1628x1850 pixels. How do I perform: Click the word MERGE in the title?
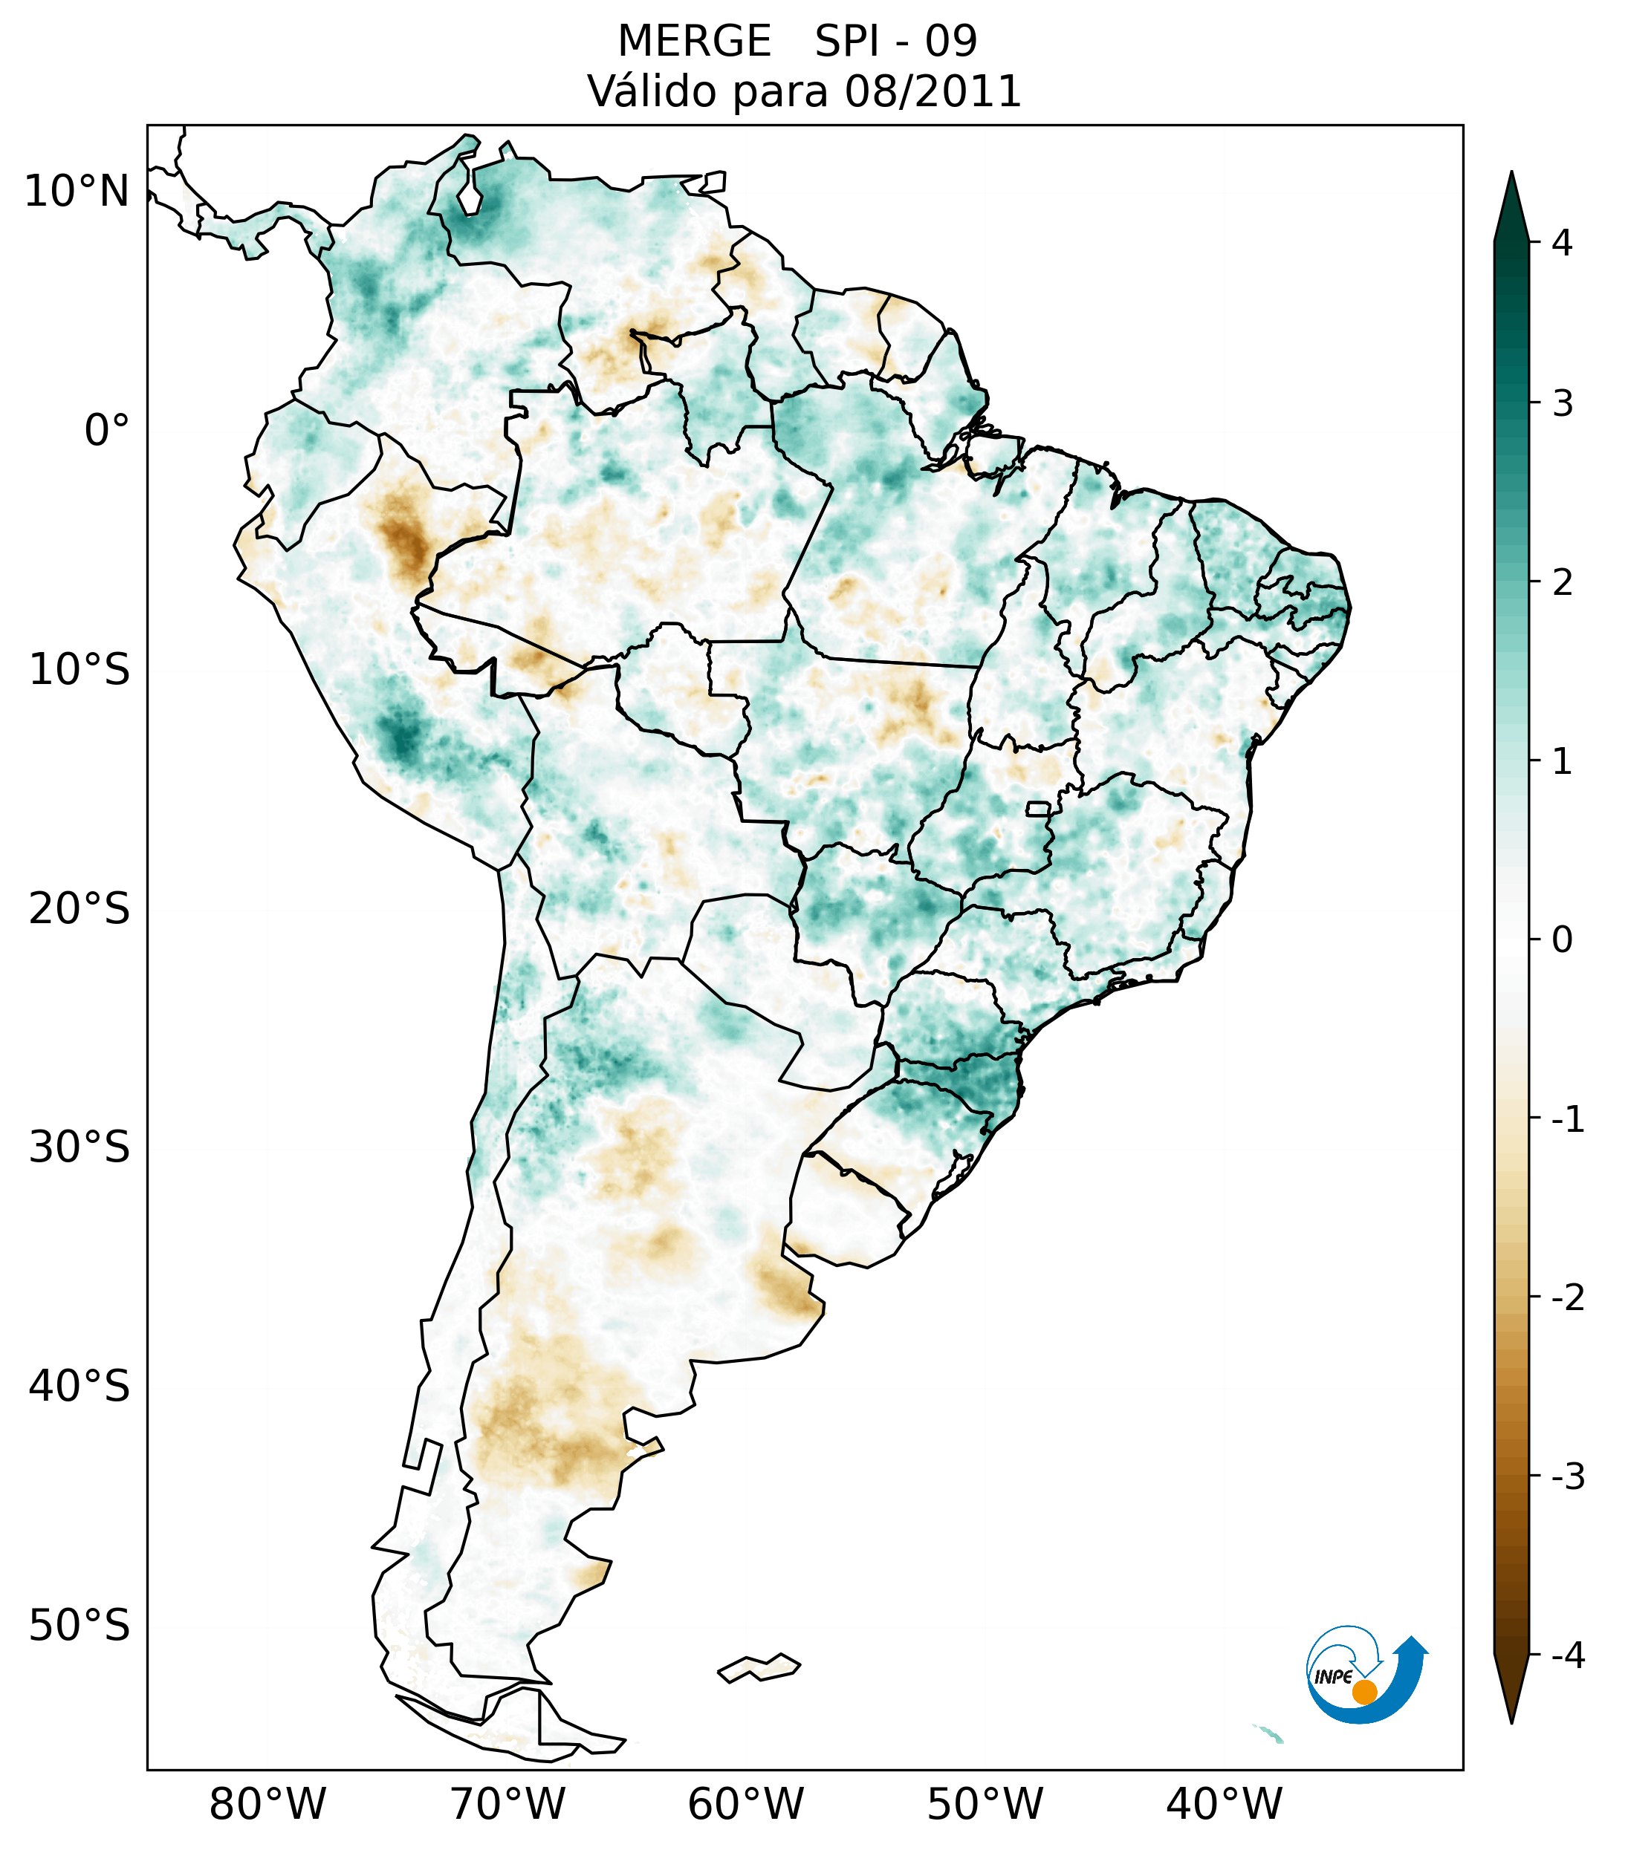[x=693, y=42]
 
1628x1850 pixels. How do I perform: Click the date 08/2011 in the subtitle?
[x=933, y=92]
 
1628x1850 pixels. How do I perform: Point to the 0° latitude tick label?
[x=107, y=431]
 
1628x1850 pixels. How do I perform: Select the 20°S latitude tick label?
[x=80, y=909]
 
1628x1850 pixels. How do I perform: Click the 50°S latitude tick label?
[x=80, y=1626]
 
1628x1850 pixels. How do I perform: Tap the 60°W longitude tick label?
[x=745, y=1805]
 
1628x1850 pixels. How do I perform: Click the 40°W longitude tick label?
[x=1225, y=1805]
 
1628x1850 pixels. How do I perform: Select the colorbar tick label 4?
[x=1562, y=243]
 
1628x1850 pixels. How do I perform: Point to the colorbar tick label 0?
[x=1562, y=940]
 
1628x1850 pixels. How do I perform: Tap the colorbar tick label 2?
[x=1562, y=583]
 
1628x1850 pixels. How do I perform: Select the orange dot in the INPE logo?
[x=1363, y=1692]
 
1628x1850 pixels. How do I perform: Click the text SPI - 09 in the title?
[x=895, y=42]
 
